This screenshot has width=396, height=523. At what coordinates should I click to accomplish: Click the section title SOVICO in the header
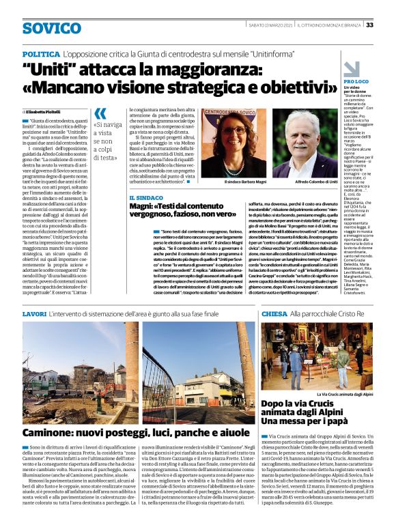pos(51,28)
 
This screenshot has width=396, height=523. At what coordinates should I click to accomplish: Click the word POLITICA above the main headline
pos(40,53)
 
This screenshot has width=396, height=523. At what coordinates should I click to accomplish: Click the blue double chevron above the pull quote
pos(100,113)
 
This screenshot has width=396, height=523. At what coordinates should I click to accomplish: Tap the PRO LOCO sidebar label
pos(355,81)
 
